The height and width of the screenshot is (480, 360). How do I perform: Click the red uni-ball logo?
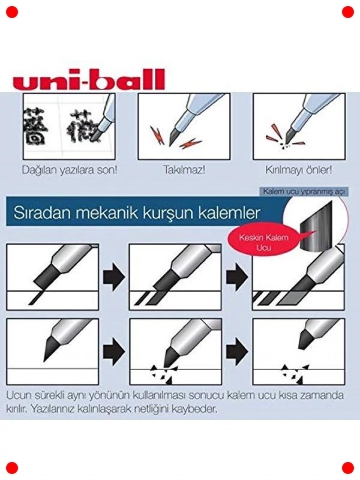(x=91, y=79)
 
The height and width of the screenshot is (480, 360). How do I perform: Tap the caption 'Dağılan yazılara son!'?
(x=70, y=170)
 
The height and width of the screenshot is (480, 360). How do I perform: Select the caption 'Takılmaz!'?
(x=184, y=170)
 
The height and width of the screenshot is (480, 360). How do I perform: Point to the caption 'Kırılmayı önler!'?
(x=299, y=170)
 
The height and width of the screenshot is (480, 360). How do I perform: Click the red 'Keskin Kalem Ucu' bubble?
(x=264, y=242)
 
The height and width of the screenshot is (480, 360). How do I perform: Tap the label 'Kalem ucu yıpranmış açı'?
(x=304, y=192)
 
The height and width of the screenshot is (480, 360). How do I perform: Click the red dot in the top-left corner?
(x=12, y=12)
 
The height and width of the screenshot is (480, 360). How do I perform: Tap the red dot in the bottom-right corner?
(x=348, y=468)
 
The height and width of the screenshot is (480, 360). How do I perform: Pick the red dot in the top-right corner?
(x=348, y=12)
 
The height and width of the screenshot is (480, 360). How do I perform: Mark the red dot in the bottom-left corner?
(x=12, y=468)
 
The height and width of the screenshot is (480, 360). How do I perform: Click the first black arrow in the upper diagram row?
(x=114, y=277)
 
